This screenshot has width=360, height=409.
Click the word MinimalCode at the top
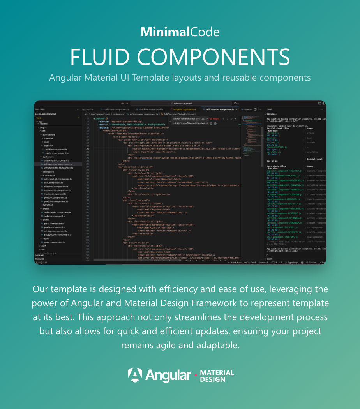pyautogui.click(x=180, y=32)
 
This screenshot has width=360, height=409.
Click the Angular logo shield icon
pyautogui.click(x=135, y=375)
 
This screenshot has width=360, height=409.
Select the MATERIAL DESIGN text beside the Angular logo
pyautogui.click(x=217, y=376)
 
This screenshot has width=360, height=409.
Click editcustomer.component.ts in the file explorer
pyautogui.click(x=58, y=164)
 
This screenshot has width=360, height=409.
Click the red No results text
pyautogui.click(x=214, y=118)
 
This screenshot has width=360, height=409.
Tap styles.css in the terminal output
pyautogui.click(x=273, y=133)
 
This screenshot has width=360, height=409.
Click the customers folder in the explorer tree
pyautogui.click(x=48, y=157)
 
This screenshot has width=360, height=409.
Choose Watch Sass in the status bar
pyautogui.click(x=236, y=263)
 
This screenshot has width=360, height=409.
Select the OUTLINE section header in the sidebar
pyautogui.click(x=39, y=255)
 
